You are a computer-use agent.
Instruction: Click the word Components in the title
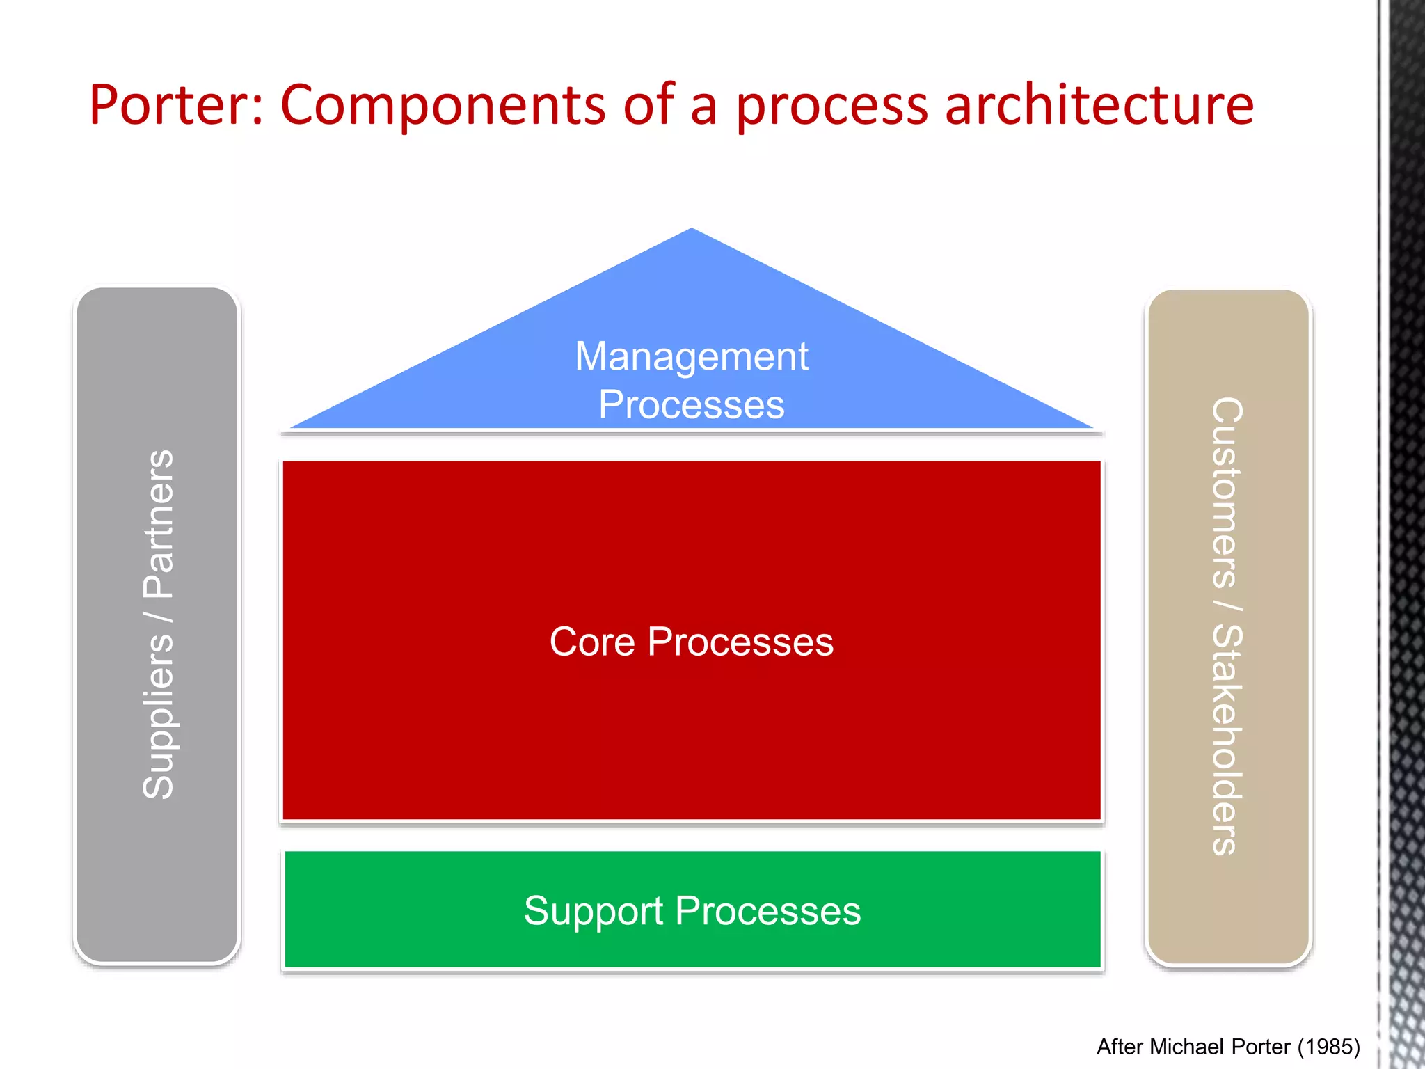(443, 106)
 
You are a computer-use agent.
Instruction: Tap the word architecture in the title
(1099, 106)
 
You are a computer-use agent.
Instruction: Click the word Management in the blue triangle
(692, 357)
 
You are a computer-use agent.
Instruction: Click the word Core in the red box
(591, 642)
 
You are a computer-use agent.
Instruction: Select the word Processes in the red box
(740, 642)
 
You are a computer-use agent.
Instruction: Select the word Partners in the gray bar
(158, 523)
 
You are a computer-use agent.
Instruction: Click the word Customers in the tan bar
(1227, 493)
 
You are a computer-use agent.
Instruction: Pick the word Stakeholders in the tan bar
(1227, 739)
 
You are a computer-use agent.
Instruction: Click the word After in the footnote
(1120, 1047)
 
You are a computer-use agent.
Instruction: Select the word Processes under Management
(692, 405)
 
